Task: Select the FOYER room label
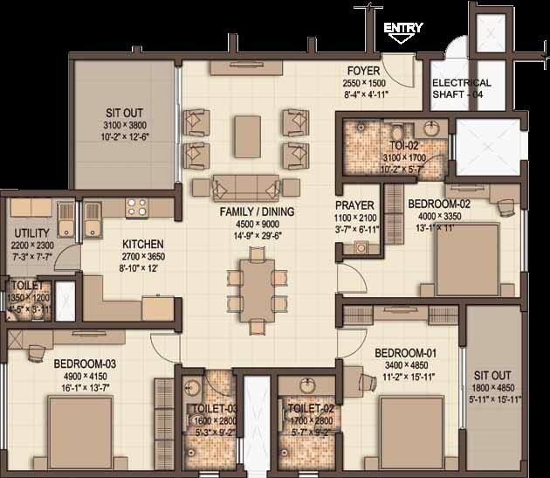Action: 362,71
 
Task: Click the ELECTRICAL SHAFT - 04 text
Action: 462,88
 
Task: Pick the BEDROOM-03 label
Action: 85,363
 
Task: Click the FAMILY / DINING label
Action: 257,211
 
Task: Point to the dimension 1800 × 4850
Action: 494,387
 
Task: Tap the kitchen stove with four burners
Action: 137,207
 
